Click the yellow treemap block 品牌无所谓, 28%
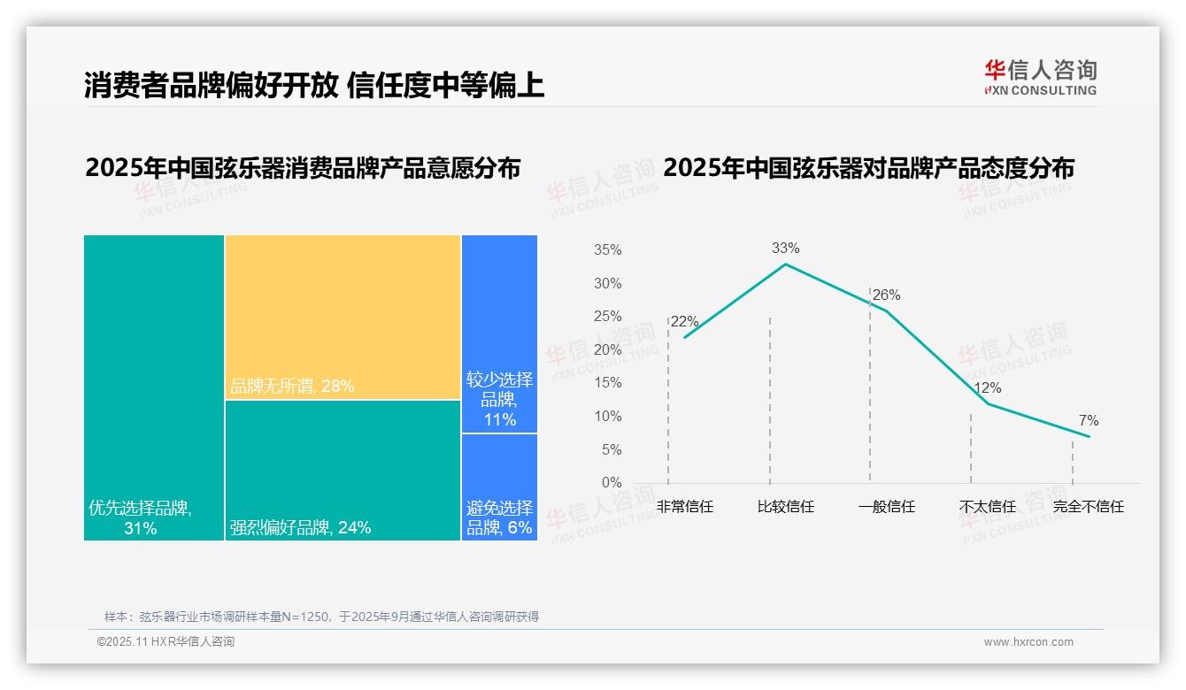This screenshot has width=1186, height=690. coord(343,317)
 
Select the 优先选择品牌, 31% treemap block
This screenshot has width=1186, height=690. coord(154,387)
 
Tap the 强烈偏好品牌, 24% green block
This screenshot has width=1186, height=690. coord(343,470)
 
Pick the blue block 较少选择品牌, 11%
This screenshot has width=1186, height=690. coord(499,333)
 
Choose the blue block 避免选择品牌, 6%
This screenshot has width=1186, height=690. coord(499,487)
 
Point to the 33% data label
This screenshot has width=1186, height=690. coord(785,249)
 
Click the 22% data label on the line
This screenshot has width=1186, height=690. coord(684,322)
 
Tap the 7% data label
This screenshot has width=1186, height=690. coord(1089,421)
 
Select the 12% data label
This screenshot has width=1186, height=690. coord(987,388)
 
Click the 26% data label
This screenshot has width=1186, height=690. coord(886,295)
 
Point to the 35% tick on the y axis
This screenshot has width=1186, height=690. coord(607,250)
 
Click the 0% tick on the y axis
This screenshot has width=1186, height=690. coord(612,483)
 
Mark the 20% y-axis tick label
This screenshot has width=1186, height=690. coord(607,350)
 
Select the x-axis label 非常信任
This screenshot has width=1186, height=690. coord(684,507)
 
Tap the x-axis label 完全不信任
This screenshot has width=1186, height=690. coord(1088,507)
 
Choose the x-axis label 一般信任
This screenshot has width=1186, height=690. coord(886,507)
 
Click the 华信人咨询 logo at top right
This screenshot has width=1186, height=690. coord(1040,77)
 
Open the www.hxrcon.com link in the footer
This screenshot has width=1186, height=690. coord(1028,642)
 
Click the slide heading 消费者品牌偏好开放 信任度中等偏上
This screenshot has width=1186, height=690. coord(314,85)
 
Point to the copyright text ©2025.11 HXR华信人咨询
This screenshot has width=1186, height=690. coord(166,642)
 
